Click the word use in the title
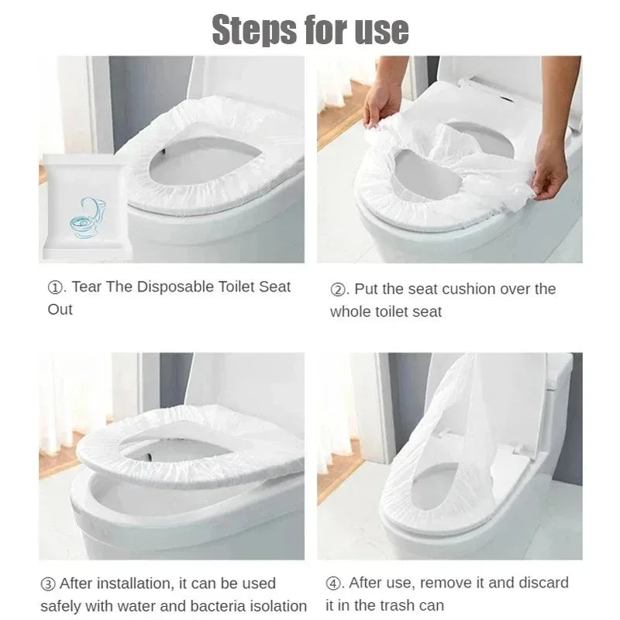pyautogui.click(x=379, y=29)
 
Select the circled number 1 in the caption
pyautogui.click(x=55, y=288)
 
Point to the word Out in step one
pyautogui.click(x=60, y=309)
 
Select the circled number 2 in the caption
pyautogui.click(x=337, y=290)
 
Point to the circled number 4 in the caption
pyautogui.click(x=332, y=583)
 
